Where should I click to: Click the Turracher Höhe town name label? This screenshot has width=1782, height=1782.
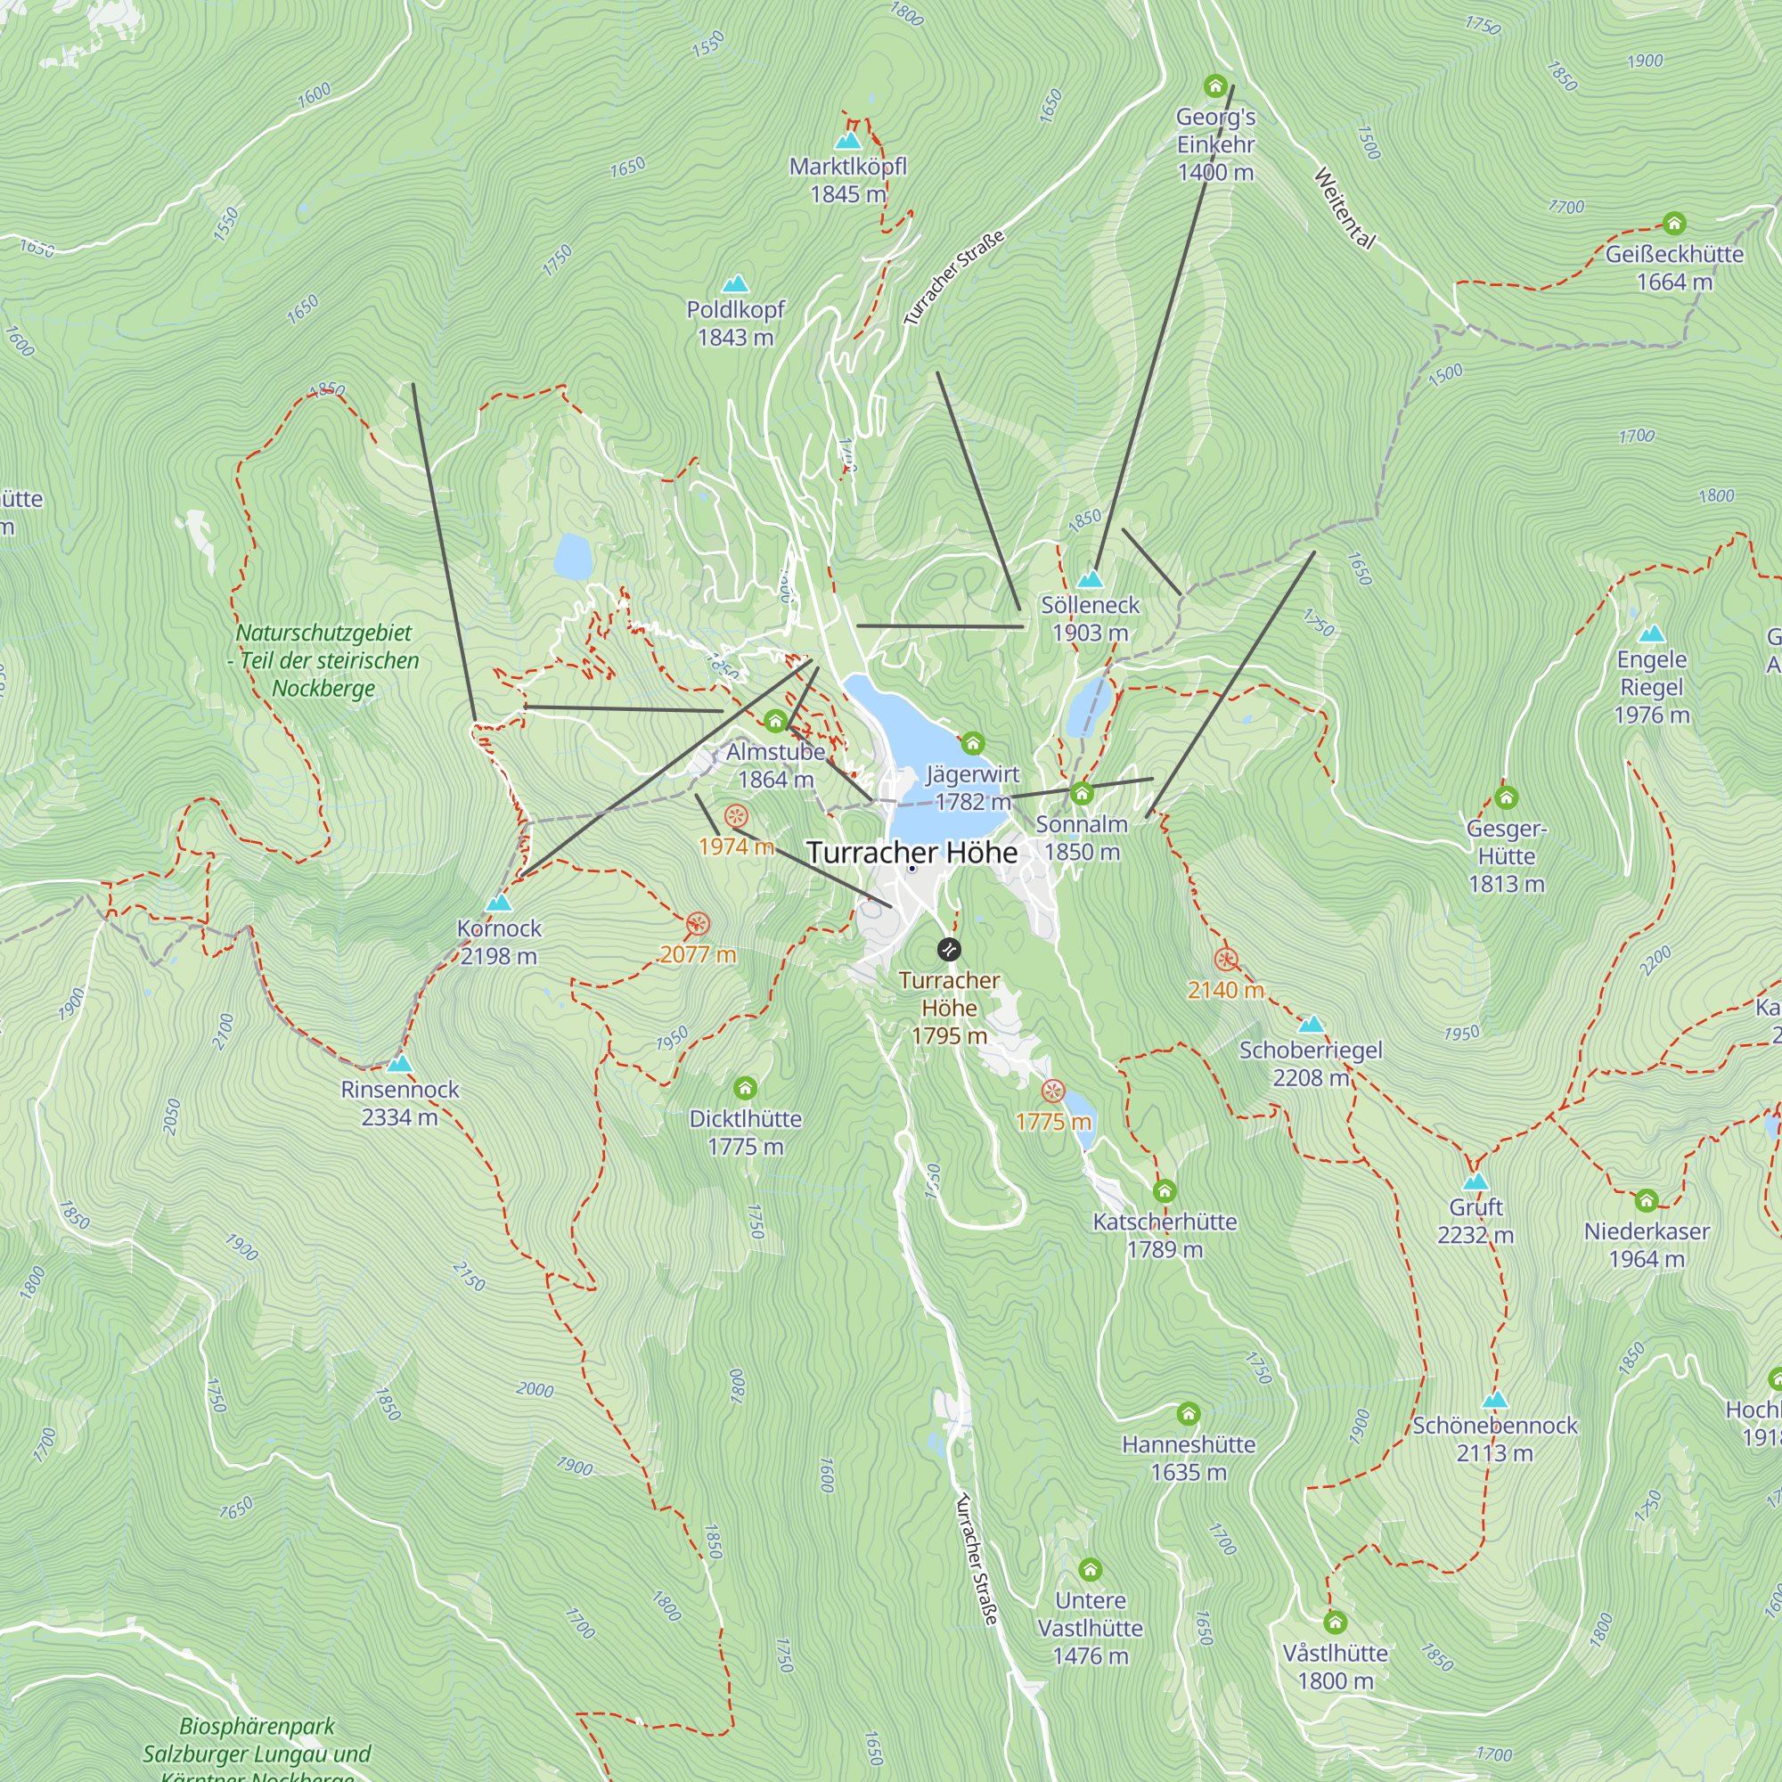911,853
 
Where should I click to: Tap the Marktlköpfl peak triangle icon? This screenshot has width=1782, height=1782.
846,141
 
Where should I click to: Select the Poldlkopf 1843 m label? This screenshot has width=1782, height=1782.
735,323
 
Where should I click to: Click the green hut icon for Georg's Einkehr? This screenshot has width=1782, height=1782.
1214,86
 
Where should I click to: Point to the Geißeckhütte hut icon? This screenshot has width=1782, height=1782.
1674,224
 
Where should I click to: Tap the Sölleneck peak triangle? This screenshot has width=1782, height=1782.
1091,579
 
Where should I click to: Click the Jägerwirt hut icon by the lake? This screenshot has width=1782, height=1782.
972,742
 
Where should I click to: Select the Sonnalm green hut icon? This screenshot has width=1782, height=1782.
1081,793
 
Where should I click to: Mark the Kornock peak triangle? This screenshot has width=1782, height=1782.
498,902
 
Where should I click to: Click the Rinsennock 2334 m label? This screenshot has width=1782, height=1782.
399,1103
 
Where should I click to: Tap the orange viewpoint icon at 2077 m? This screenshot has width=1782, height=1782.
699,923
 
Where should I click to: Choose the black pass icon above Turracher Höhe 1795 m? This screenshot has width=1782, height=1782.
948,949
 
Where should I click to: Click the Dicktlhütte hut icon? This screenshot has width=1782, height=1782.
745,1089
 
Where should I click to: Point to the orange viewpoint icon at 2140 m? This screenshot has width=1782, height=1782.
1225,960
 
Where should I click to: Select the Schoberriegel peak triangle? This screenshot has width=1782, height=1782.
1311,1024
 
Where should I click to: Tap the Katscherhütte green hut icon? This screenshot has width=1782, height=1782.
1164,1190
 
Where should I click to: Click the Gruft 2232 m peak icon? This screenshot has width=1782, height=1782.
1475,1181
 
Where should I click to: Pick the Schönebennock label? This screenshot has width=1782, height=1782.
1494,1425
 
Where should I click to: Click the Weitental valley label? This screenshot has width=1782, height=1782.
1344,208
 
